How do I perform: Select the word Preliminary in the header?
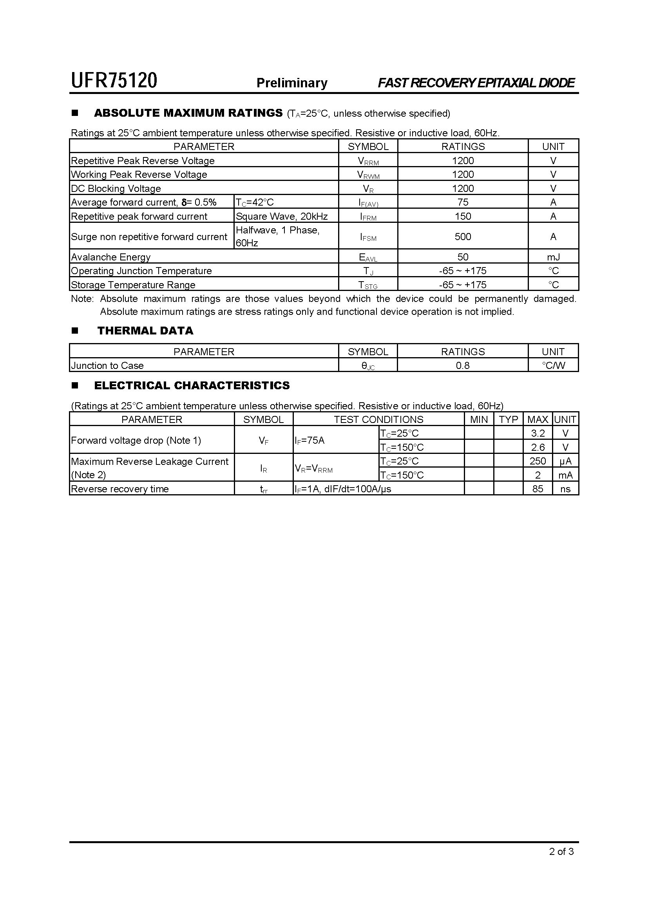point(292,83)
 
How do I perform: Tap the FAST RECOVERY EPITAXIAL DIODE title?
point(476,83)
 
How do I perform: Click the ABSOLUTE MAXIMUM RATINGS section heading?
point(188,113)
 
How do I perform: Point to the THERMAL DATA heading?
point(145,331)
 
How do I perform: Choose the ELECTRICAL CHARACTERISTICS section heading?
point(192,385)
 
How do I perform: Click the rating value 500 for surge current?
point(463,237)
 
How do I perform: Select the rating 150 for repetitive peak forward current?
point(463,216)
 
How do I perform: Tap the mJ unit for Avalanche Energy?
point(553,257)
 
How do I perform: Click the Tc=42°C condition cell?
point(255,202)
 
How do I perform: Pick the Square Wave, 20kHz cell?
point(282,216)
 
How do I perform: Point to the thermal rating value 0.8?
point(462,365)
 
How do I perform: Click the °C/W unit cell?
point(553,365)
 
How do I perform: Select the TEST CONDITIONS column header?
point(378,419)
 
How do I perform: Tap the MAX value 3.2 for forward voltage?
point(538,433)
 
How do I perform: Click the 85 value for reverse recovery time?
point(538,489)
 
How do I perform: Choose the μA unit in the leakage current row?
point(565,461)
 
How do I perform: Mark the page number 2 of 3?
point(561,852)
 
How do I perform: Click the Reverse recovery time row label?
point(120,489)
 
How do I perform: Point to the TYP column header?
point(508,419)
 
